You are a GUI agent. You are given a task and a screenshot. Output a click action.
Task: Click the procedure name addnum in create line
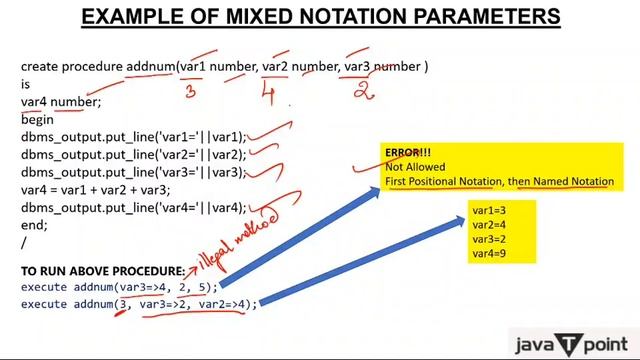[x=151, y=67]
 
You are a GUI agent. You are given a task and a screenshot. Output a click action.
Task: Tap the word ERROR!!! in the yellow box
[x=409, y=153]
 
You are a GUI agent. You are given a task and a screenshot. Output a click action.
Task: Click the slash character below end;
[x=24, y=243]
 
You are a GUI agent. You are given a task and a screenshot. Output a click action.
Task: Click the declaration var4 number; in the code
[x=61, y=101]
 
